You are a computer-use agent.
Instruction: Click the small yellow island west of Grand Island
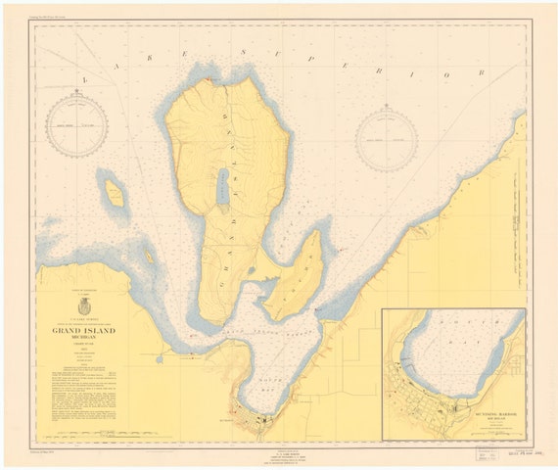(x=115, y=192)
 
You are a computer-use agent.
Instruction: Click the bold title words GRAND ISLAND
(x=80, y=330)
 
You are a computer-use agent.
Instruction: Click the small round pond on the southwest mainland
(x=159, y=359)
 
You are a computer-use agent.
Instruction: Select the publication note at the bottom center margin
(x=278, y=450)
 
